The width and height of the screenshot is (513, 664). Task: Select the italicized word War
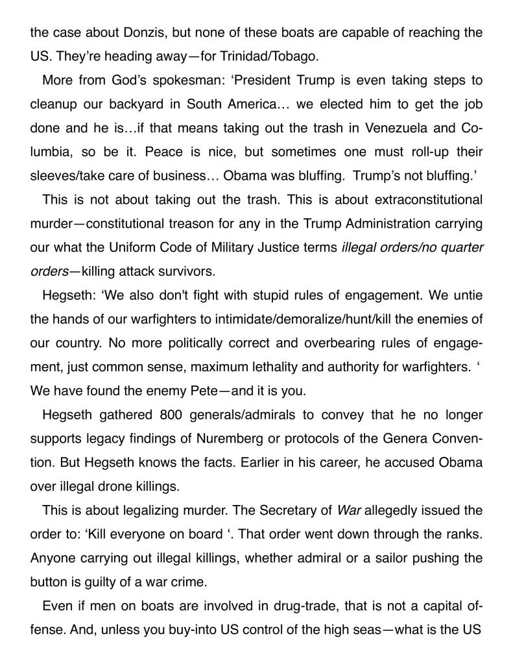tap(350, 510)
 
